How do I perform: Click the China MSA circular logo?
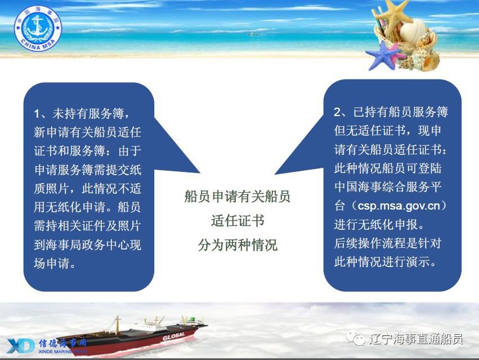tap(38, 28)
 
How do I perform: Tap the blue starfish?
tap(383, 55)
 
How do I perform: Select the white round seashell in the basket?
tap(413, 32)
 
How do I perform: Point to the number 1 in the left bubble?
tap(37, 114)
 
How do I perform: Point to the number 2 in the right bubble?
tap(337, 112)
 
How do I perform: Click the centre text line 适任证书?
tap(238, 220)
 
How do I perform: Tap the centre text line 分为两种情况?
tap(238, 245)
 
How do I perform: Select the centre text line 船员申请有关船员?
tap(238, 196)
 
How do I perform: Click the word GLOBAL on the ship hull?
tap(174, 336)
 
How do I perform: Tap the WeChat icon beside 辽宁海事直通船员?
tap(355, 339)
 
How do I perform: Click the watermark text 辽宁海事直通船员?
tap(416, 339)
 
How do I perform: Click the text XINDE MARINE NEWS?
tap(63, 352)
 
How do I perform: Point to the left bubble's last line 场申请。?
tap(55, 263)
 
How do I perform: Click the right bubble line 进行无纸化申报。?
tap(379, 224)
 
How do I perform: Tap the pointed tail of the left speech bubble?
tap(200, 173)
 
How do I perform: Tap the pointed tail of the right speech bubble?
tap(275, 174)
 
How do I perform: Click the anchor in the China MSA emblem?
tap(38, 27)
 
